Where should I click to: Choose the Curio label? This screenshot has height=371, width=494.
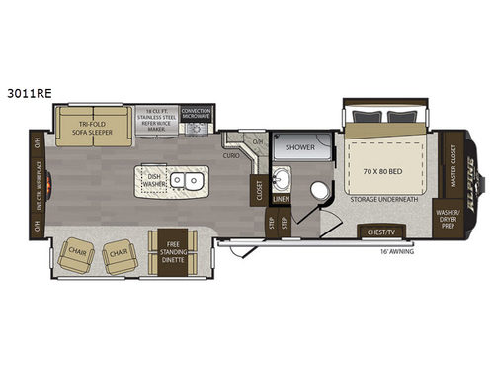click(231, 155)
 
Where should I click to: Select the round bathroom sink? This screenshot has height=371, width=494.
click(281, 181)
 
